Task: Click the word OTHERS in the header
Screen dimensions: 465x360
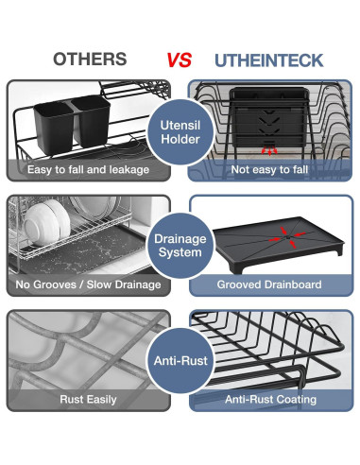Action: click(x=90, y=60)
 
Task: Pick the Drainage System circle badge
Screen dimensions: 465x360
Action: click(x=180, y=245)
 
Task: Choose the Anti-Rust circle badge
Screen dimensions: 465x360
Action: click(x=180, y=360)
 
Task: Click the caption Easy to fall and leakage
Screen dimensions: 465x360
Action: click(x=89, y=169)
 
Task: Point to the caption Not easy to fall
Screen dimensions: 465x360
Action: click(x=270, y=169)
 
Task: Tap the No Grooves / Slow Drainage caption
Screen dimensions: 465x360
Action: click(x=89, y=284)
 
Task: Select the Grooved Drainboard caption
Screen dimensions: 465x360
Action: click(x=270, y=284)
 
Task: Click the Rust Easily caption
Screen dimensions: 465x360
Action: click(x=89, y=400)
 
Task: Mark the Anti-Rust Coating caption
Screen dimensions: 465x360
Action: click(x=270, y=400)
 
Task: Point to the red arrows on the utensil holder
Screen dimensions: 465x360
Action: click(x=270, y=148)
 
